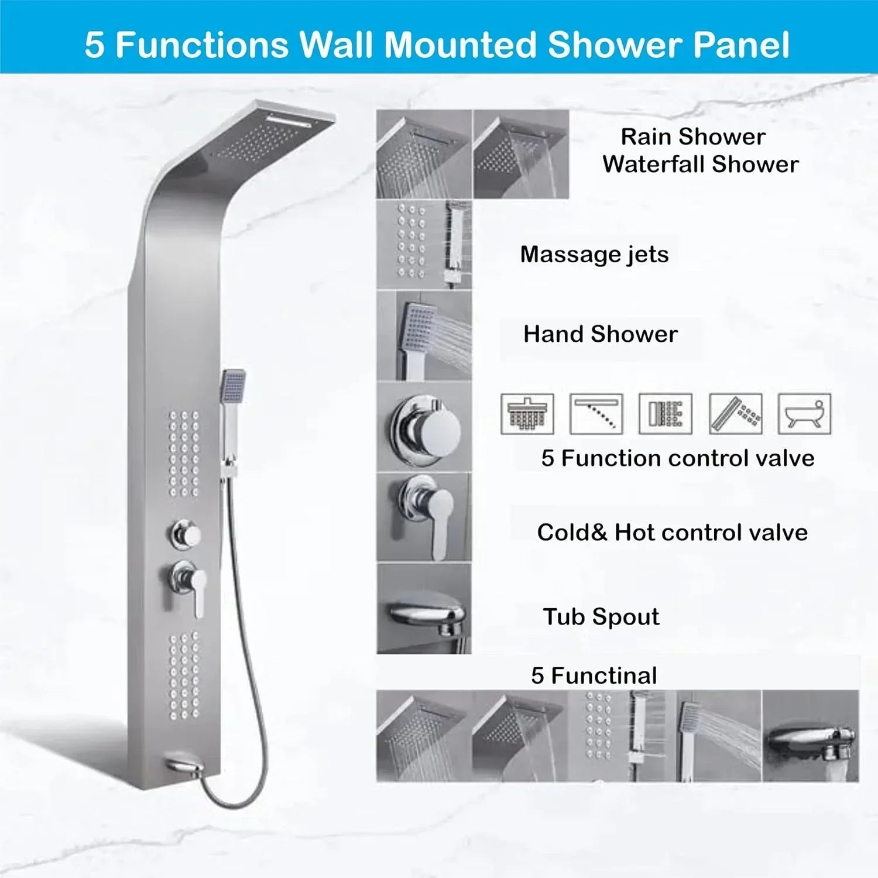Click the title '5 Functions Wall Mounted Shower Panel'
(x=437, y=44)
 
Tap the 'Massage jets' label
(x=594, y=255)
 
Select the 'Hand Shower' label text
(x=601, y=334)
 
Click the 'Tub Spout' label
(x=601, y=617)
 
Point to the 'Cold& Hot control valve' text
(x=672, y=533)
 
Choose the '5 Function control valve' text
(x=677, y=458)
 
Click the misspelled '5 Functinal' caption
(x=594, y=676)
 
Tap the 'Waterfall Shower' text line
(x=700, y=164)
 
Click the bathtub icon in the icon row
(x=804, y=414)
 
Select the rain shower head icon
(x=527, y=414)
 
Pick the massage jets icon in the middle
(x=666, y=414)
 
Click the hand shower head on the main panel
(x=234, y=386)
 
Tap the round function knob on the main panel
(x=186, y=534)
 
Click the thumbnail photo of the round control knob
(x=424, y=427)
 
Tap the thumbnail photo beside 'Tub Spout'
(x=424, y=609)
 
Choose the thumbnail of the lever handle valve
(x=424, y=517)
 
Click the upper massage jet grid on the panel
(x=184, y=454)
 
